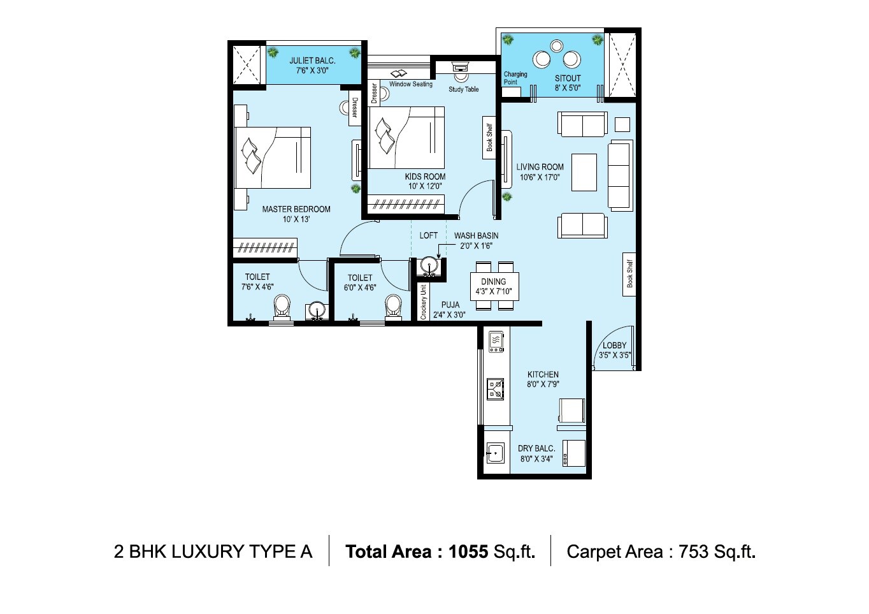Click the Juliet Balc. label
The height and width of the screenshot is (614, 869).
click(x=312, y=61)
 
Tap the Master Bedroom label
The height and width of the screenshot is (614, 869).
click(x=296, y=209)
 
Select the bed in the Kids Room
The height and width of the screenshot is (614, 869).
click(x=406, y=138)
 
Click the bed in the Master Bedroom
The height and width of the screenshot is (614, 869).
click(x=273, y=157)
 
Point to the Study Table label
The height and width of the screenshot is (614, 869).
click(x=463, y=89)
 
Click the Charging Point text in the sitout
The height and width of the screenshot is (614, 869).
click(x=515, y=78)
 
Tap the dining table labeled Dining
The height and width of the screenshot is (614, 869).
click(x=494, y=286)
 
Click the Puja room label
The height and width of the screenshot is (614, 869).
click(x=450, y=305)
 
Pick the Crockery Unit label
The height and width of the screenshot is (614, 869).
click(x=423, y=302)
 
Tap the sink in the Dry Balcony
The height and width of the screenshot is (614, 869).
click(x=495, y=453)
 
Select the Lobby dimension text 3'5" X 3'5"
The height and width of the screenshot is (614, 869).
click(x=614, y=356)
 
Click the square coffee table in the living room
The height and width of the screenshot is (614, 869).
click(x=584, y=172)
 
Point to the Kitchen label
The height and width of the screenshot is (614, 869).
click(x=543, y=375)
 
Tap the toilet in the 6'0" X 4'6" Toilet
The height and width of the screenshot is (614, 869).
click(x=394, y=306)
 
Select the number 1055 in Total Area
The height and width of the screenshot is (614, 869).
click(x=468, y=552)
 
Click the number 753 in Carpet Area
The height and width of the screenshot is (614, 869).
click(x=693, y=552)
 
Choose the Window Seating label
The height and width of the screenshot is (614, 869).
click(x=410, y=84)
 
